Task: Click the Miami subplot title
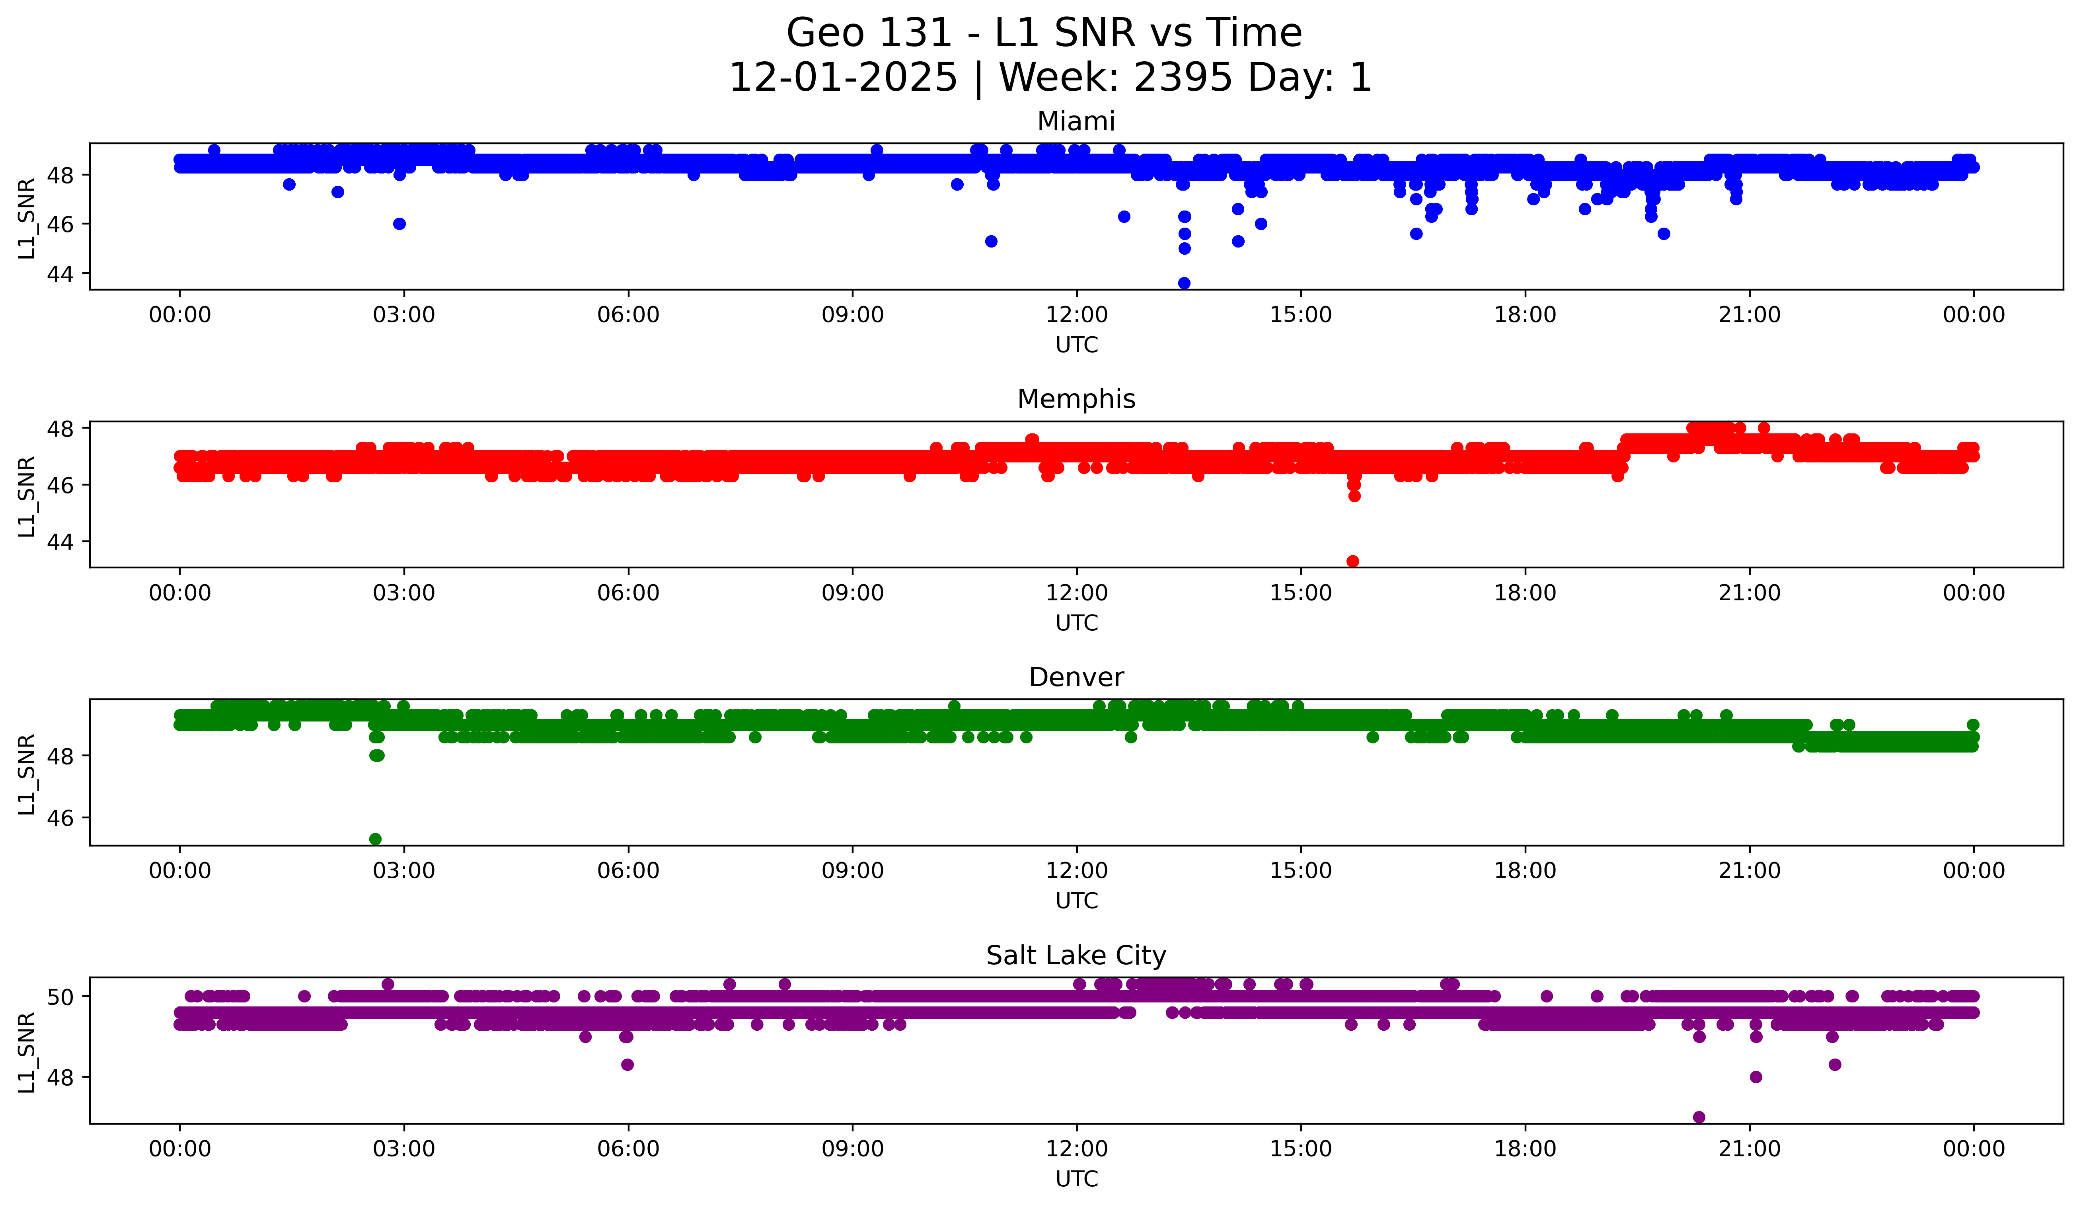click(1076, 121)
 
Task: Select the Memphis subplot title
click(1076, 399)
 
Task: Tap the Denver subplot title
click(1076, 677)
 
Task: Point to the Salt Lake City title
click(1076, 955)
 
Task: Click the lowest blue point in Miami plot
click(1184, 283)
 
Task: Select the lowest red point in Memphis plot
click(1352, 561)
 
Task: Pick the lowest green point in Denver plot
click(375, 839)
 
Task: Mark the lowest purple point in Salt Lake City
click(1699, 1117)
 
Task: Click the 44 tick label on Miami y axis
click(59, 274)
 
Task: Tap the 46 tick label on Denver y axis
click(59, 817)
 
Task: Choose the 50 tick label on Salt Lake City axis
click(59, 996)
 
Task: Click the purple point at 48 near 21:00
click(1756, 1076)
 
